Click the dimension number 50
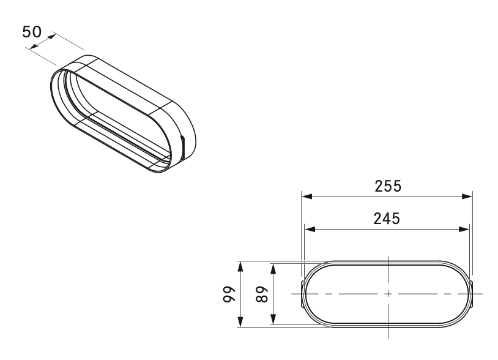point(32,32)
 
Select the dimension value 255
point(388,186)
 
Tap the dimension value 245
point(387,219)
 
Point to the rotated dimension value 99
point(229,294)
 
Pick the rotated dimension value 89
point(262,294)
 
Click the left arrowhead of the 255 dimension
point(307,197)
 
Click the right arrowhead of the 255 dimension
point(467,197)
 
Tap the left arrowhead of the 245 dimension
point(310,229)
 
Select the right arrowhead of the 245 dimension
point(464,229)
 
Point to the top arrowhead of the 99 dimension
point(240,266)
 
